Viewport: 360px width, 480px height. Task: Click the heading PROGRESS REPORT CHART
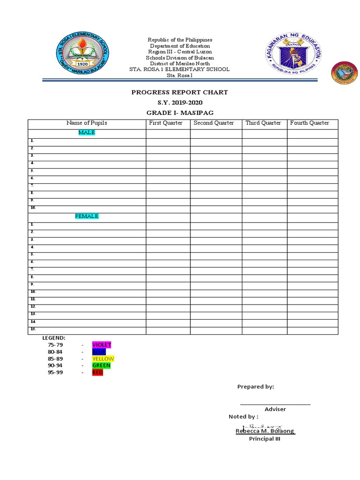tap(180, 92)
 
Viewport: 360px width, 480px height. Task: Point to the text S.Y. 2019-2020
tap(180, 103)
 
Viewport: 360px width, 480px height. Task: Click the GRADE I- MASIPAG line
tap(180, 113)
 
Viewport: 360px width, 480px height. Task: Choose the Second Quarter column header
tap(214, 123)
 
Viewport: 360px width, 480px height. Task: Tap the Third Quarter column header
tap(263, 123)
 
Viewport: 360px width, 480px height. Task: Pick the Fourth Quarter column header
tap(309, 123)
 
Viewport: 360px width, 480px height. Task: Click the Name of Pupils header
tap(87, 123)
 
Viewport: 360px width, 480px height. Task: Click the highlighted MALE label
tap(87, 133)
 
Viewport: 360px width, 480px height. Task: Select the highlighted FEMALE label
tap(87, 216)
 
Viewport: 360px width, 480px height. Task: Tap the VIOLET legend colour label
tap(102, 345)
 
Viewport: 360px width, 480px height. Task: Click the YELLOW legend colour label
tap(103, 359)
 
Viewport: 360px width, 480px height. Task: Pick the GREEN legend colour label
tap(101, 366)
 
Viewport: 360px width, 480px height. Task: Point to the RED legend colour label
tap(97, 373)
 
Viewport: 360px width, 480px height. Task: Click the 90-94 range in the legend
tap(55, 366)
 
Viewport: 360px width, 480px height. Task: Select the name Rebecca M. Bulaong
tap(265, 431)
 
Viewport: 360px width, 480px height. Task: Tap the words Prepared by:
tap(255, 387)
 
